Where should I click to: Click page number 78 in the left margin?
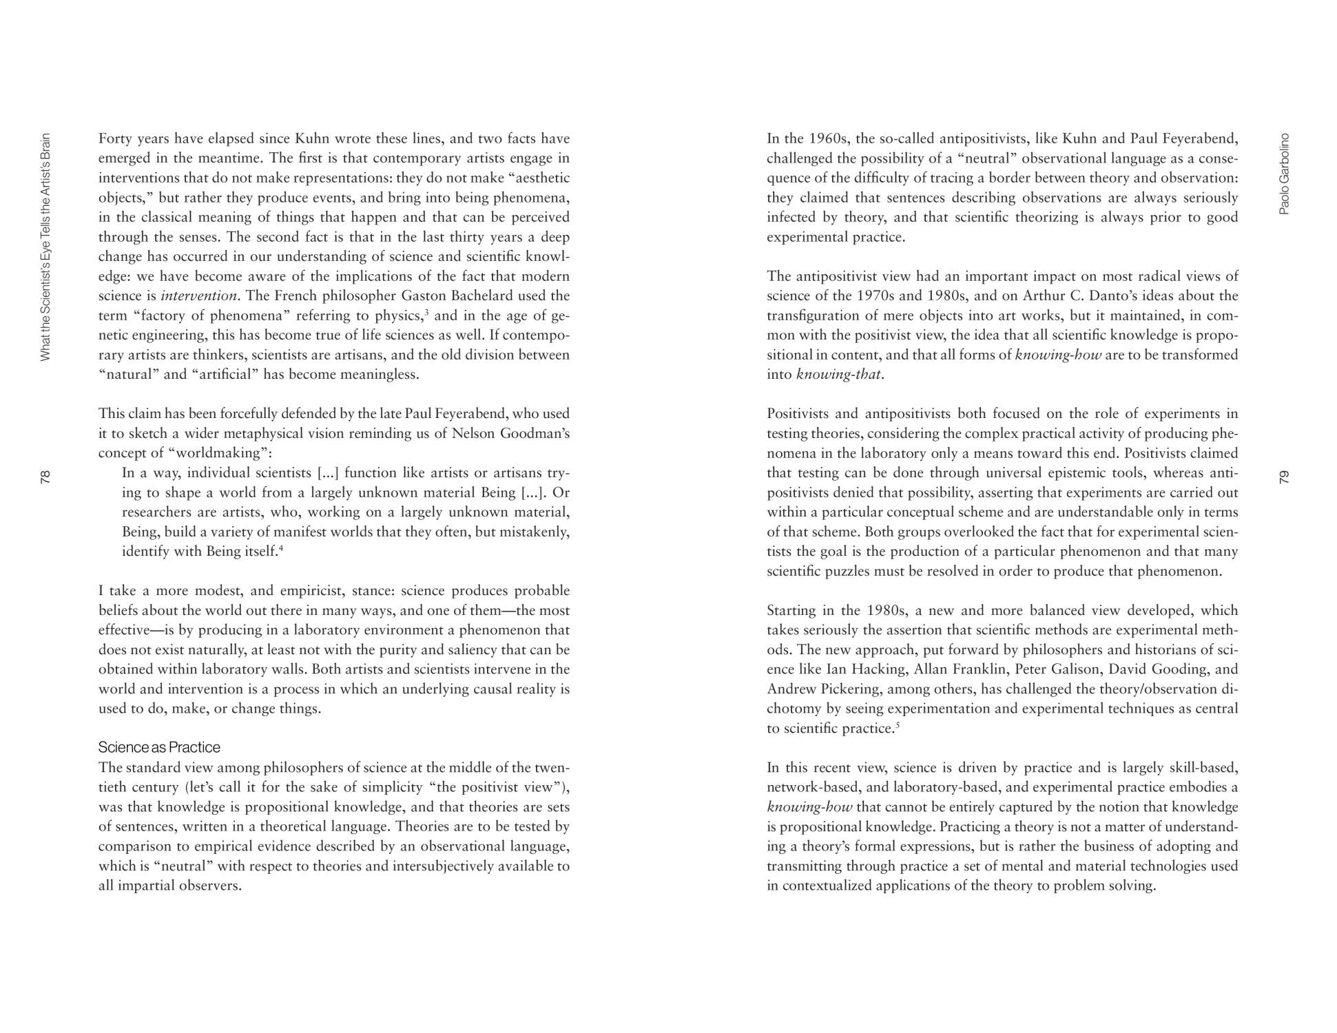(x=45, y=477)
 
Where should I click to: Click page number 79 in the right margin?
(x=1283, y=477)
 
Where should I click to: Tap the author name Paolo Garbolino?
(x=1283, y=174)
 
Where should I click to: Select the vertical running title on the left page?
(x=45, y=246)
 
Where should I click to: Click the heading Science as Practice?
(x=159, y=747)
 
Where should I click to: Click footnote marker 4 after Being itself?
(x=281, y=547)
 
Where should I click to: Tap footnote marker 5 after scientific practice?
(x=898, y=724)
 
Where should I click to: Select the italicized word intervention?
(x=199, y=296)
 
